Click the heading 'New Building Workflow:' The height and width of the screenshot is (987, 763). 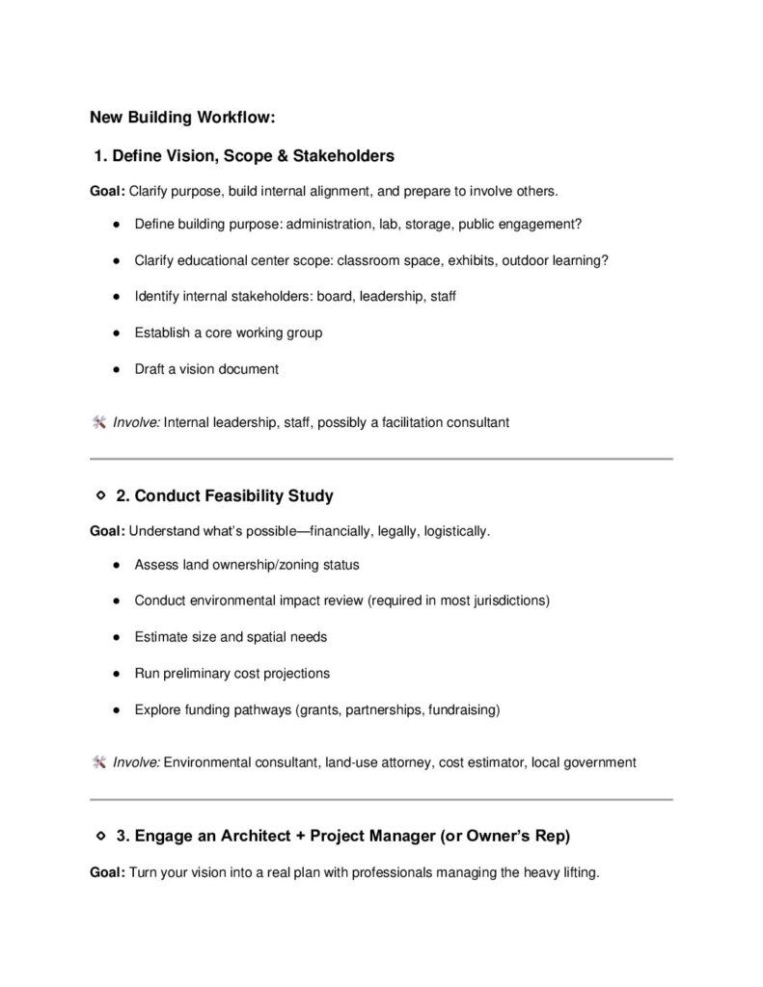[182, 118]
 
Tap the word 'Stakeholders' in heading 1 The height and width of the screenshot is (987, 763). [344, 155]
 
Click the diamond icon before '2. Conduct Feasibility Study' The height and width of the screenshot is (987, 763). [100, 495]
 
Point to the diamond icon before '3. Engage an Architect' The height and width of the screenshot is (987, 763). [100, 836]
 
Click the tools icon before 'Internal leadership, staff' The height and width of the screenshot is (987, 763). [98, 421]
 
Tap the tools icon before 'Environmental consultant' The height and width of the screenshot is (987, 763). [98, 761]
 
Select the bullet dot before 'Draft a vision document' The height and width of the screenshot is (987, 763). [115, 369]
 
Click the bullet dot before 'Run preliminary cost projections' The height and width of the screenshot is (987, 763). [115, 674]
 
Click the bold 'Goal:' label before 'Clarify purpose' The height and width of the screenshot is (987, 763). [107, 190]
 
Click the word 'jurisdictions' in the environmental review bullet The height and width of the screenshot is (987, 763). [505, 600]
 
